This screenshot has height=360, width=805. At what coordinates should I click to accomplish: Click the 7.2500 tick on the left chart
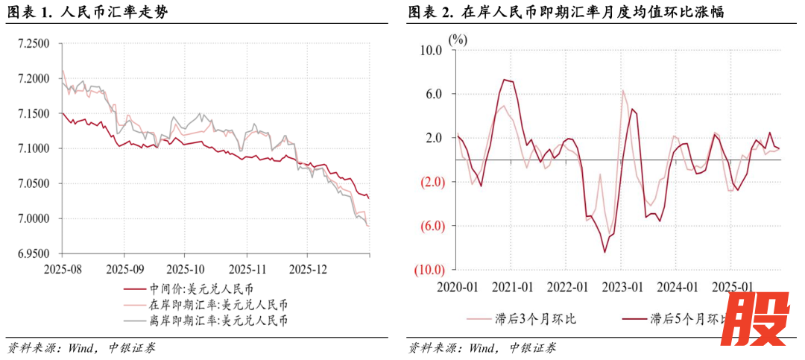point(33,44)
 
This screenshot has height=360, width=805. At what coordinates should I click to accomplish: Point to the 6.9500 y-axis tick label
point(33,254)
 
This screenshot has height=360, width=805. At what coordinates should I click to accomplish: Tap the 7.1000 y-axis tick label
point(33,149)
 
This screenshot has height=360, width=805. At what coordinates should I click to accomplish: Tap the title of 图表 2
point(567,12)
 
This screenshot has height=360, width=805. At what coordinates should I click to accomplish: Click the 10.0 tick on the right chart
point(431,50)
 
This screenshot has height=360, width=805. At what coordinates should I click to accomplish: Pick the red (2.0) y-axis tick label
point(431,182)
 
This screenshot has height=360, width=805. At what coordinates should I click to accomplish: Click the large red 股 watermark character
point(758,321)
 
